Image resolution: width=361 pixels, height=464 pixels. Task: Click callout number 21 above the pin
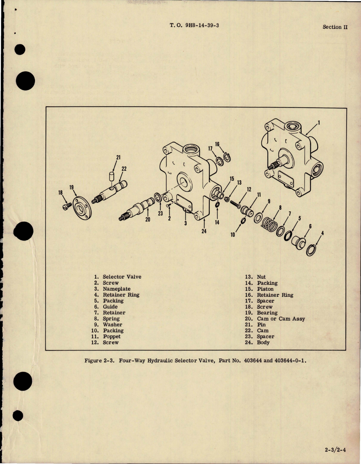pos(118,157)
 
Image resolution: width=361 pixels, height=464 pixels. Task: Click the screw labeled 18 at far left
pos(66,206)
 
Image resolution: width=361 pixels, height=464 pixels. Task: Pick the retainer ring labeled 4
pos(311,250)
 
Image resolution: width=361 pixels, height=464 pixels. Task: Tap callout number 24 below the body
pos(204,231)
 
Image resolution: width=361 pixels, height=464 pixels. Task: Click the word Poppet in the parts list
pos(112,337)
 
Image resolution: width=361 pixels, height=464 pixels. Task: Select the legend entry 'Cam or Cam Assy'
pos(281,319)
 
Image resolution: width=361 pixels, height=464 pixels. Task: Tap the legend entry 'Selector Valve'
pos(122,277)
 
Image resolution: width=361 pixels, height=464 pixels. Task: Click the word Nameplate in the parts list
pos(117,289)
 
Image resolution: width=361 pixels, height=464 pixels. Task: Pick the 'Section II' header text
pos(335,27)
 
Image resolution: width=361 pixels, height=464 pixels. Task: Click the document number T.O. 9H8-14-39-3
pos(194,25)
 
